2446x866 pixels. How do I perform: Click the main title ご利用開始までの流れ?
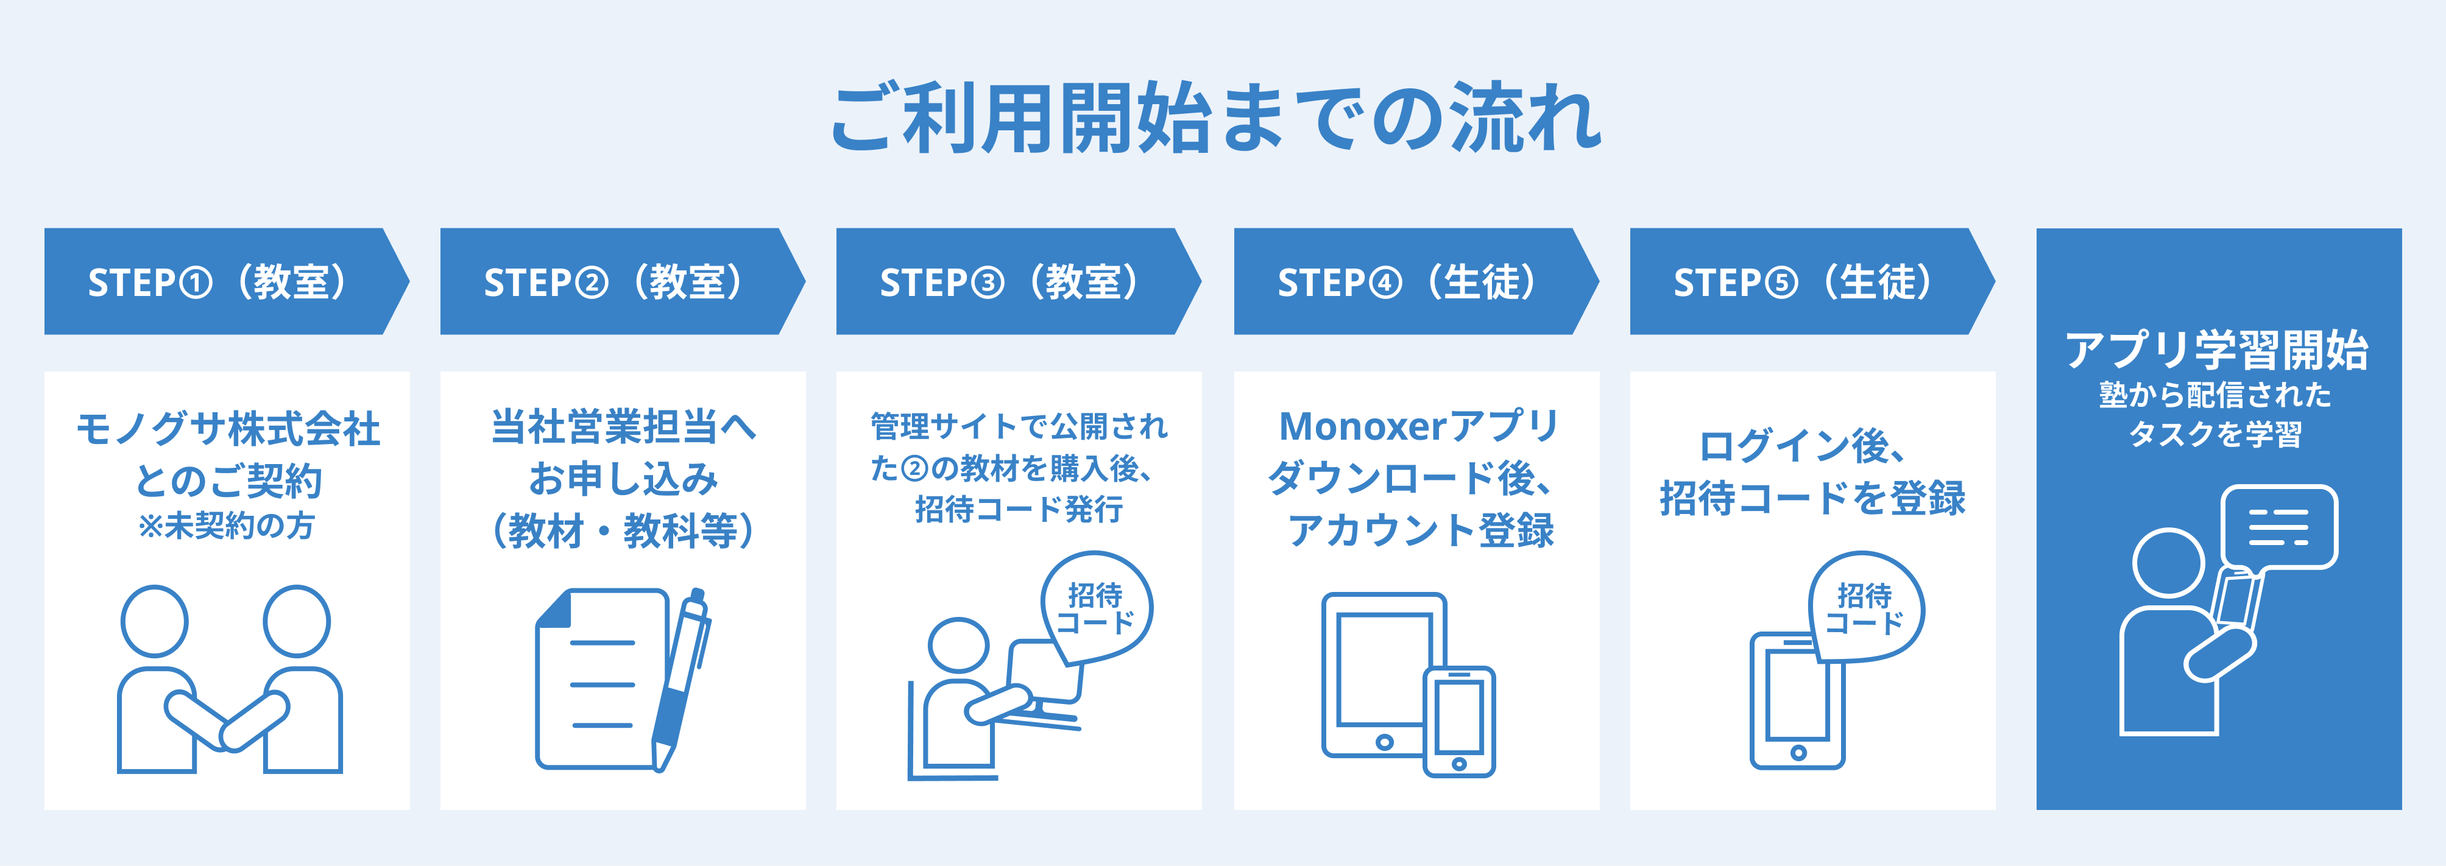[1217, 119]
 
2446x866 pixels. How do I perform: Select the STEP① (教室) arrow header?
[226, 281]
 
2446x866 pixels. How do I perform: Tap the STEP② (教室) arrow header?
[622, 281]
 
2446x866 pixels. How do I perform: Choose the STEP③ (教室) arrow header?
[1018, 281]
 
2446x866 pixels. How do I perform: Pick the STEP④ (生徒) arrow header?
[1416, 281]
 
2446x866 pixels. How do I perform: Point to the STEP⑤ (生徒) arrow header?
[1812, 281]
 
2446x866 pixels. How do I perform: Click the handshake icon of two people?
[229, 679]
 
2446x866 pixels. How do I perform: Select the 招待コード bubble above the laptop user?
[1096, 608]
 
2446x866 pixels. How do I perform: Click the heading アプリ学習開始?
[2217, 350]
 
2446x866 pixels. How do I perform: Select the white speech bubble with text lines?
[2279, 527]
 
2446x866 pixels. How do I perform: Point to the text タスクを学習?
[2217, 434]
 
